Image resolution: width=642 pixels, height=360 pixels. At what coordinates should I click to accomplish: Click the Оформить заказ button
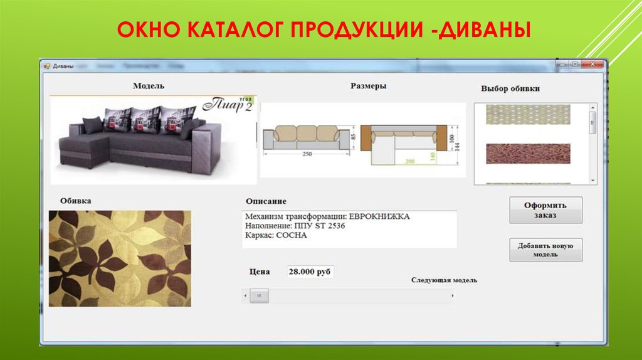[545, 210]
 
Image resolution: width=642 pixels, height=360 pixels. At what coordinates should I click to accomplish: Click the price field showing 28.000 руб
[310, 272]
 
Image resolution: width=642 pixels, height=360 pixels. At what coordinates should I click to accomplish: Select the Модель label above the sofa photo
[149, 86]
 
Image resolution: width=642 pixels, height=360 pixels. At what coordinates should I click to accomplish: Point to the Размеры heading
[368, 86]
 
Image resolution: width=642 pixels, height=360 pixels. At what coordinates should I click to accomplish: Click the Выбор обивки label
[510, 88]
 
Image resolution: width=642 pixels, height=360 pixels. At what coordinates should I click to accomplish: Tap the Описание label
[266, 201]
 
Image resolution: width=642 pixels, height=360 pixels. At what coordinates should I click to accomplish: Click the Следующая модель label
[448, 280]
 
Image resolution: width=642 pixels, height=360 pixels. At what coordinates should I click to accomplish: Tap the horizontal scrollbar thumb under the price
[259, 296]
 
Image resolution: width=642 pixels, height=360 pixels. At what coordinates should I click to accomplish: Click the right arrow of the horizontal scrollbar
[451, 295]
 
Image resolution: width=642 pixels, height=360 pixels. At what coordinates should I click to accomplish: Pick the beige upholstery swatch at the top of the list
[528, 114]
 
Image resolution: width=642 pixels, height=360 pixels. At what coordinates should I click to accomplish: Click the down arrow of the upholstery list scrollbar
[593, 180]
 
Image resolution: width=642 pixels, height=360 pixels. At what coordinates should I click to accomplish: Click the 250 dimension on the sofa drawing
[307, 154]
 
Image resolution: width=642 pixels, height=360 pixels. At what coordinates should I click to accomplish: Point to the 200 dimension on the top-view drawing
[409, 161]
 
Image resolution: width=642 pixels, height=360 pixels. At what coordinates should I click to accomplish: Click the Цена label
[260, 272]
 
